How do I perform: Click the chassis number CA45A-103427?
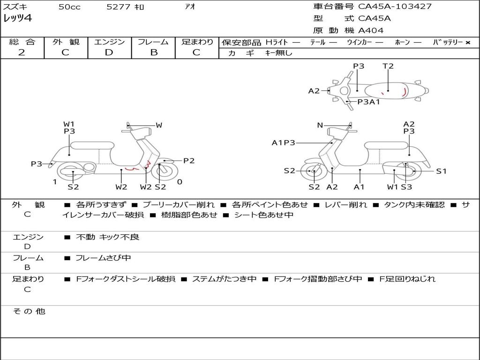[x=395, y=7]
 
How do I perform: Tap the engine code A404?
[x=371, y=30]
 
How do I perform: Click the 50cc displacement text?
[x=69, y=7]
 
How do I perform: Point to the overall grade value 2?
[x=22, y=52]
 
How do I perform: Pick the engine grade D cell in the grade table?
[x=109, y=52]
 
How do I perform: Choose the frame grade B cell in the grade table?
[x=154, y=52]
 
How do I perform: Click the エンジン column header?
[x=109, y=42]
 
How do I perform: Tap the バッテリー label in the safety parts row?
[x=448, y=43]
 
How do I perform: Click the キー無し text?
[x=278, y=53]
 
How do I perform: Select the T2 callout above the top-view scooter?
[x=388, y=66]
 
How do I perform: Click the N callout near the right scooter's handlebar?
[x=320, y=125]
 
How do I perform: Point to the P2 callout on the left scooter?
[x=189, y=161]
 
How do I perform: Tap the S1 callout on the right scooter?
[x=441, y=171]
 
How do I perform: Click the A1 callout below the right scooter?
[x=359, y=187]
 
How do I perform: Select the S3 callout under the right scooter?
[x=406, y=187]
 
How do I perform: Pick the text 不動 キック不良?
[x=107, y=237]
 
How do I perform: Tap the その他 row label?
[x=29, y=311]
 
